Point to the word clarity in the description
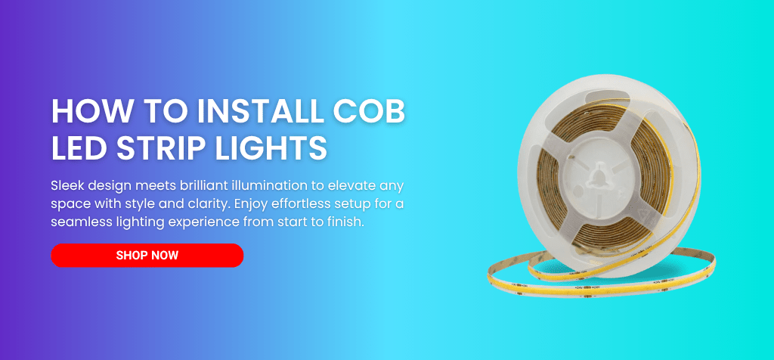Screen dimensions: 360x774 coord(211,204)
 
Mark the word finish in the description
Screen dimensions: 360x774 coord(345,222)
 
